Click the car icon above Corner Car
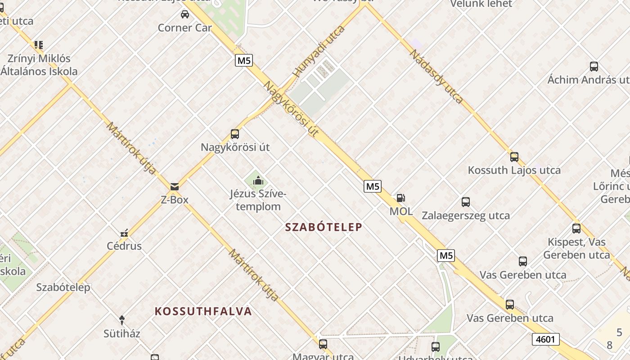(x=184, y=14)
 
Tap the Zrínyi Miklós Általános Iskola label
(x=39, y=65)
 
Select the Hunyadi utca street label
(x=318, y=51)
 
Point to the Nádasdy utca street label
(x=436, y=76)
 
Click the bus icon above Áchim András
(x=594, y=67)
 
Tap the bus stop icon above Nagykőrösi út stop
(x=234, y=134)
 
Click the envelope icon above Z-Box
(x=175, y=186)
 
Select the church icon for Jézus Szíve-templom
(x=258, y=181)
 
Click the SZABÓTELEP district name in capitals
(x=324, y=227)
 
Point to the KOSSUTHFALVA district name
(x=203, y=311)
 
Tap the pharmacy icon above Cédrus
(x=124, y=233)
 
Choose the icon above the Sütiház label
(x=121, y=320)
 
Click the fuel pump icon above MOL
(x=400, y=198)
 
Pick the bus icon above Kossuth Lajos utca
(x=514, y=157)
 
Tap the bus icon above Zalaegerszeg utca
(x=465, y=202)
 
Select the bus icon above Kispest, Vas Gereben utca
(x=576, y=228)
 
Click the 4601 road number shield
(x=545, y=339)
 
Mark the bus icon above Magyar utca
(x=323, y=344)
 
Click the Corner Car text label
(x=184, y=28)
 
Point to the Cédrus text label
(x=124, y=246)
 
